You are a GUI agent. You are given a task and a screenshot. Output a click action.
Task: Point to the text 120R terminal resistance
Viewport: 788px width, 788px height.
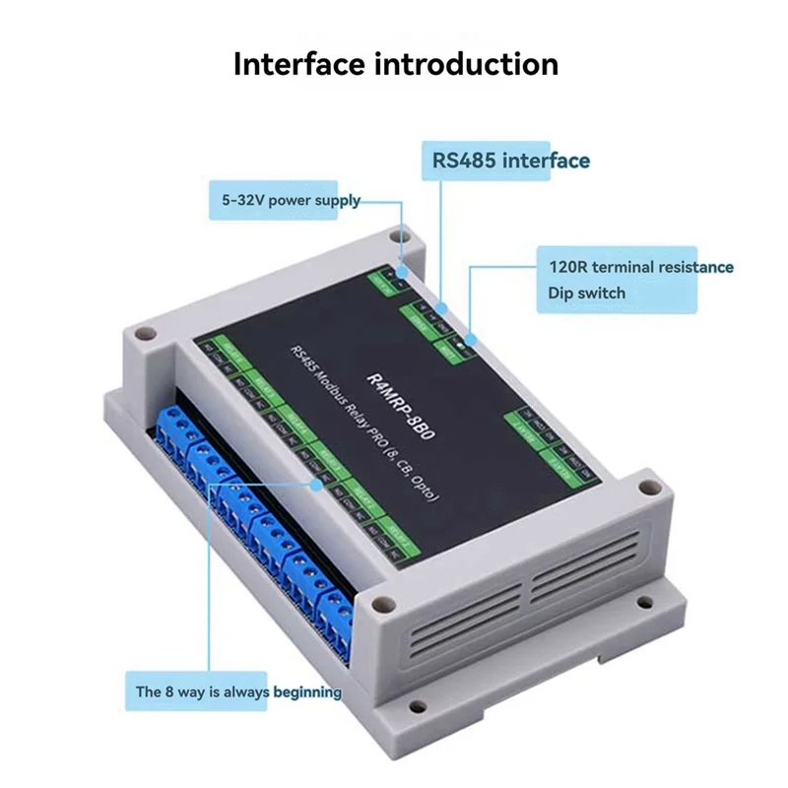640,267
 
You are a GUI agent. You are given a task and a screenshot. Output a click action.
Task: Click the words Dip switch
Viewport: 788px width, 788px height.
586,293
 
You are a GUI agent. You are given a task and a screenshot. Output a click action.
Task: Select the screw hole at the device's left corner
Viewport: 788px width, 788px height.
147,334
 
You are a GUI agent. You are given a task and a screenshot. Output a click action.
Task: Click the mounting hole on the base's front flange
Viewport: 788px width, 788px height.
417,705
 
